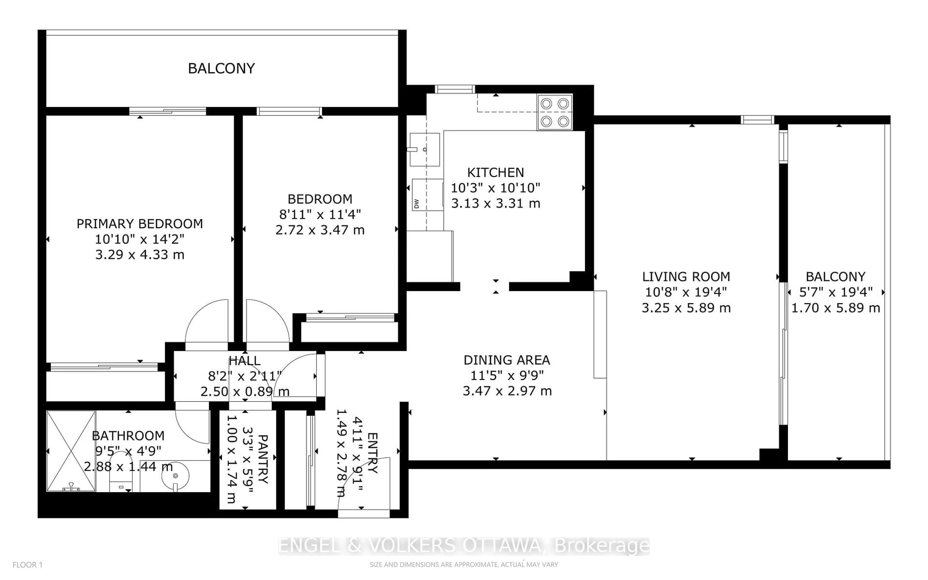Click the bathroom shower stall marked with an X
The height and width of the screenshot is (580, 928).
[71, 451]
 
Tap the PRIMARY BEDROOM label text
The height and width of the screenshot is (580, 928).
[140, 224]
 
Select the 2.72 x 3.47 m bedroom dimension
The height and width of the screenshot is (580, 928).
[320, 230]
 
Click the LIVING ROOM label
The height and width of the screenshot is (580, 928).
[686, 276]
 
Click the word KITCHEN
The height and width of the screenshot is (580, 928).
[495, 172]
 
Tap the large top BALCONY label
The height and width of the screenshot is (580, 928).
[221, 68]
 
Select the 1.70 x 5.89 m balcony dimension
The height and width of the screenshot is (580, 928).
[836, 308]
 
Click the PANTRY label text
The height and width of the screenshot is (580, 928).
[263, 458]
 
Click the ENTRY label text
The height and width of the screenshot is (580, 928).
[373, 453]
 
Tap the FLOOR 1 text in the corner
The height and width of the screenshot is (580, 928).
[28, 565]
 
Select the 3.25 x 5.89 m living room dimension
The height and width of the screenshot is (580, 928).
[686, 308]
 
